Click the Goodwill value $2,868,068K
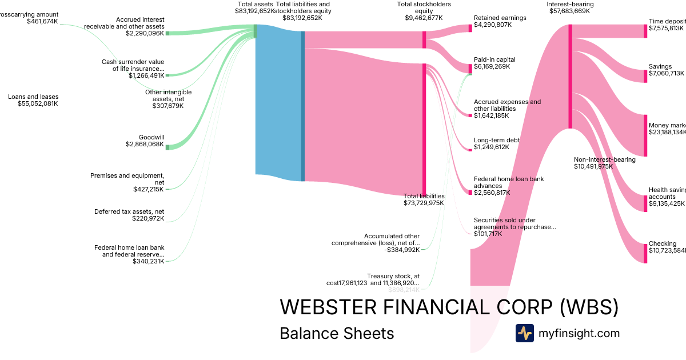point(145,145)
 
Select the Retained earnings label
point(500,18)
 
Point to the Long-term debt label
point(496,140)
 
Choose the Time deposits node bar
point(645,31)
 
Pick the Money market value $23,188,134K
point(667,133)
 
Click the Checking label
point(662,243)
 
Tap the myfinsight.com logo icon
point(524,333)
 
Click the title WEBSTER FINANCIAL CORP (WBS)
point(449,307)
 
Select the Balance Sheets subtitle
point(337,334)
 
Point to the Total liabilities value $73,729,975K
point(424,203)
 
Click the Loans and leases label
point(33,97)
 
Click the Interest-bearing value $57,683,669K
point(569,11)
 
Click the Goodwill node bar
point(167,147)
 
